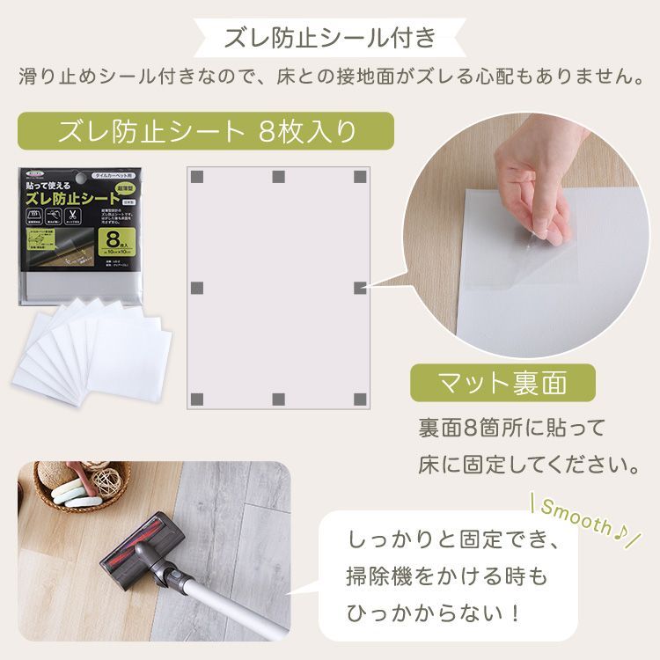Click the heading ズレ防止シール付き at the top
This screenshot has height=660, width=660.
[330, 38]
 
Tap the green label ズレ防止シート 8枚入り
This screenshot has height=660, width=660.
[205, 132]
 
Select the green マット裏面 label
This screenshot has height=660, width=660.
[502, 384]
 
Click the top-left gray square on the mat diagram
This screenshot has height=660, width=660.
[198, 177]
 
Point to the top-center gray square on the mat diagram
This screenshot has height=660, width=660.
[279, 177]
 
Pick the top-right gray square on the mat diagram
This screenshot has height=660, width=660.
[360, 177]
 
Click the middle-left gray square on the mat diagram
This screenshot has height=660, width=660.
[198, 288]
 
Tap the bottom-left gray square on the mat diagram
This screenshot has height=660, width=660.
[198, 399]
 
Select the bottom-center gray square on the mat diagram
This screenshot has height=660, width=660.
[279, 399]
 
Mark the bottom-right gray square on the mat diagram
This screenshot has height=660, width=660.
[360, 399]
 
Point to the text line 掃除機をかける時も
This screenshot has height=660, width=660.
[447, 575]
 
